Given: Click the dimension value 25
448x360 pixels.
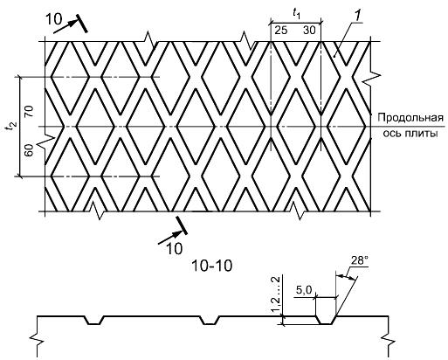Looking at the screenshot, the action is [x=281, y=30].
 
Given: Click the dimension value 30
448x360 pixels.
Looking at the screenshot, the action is [x=309, y=30].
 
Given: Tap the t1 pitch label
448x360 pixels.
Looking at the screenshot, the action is [x=297, y=14].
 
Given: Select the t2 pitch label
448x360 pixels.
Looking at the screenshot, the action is [x=12, y=126].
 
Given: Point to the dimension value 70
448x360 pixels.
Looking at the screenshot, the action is [x=30, y=111].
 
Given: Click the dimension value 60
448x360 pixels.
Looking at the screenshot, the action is [x=29, y=150].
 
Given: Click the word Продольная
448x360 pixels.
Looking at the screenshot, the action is [x=410, y=118].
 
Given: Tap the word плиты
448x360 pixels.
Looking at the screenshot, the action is [x=423, y=134].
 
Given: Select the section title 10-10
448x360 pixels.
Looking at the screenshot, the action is [x=211, y=266].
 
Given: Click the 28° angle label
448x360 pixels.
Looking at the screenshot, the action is [x=359, y=260].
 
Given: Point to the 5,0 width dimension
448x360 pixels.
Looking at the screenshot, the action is [x=304, y=290].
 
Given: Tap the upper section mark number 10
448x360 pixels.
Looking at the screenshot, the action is [x=54, y=19].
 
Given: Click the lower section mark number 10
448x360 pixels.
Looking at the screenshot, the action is [x=174, y=248].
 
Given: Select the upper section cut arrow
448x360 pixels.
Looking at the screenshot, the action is [x=65, y=25].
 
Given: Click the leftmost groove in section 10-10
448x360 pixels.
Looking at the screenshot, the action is [x=94, y=320].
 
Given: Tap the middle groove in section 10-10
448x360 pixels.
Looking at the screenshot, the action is [x=210, y=320].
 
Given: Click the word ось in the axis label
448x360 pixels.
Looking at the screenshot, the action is [x=393, y=134].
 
